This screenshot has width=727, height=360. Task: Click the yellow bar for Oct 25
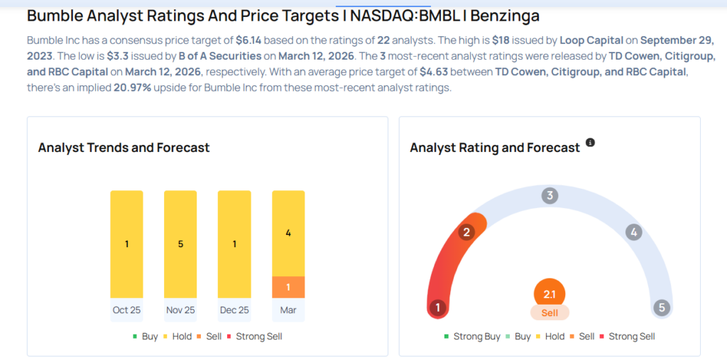point(126,244)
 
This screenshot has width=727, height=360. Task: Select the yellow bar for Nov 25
point(180,244)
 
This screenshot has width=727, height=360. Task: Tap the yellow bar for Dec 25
point(234,244)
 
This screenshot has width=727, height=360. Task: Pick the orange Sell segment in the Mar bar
point(288,287)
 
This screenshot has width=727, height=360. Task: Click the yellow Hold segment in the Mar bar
point(288,233)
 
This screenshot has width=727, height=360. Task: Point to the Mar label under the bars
point(288,310)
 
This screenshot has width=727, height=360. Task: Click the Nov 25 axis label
point(180,310)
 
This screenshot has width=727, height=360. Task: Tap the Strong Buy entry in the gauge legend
point(472,336)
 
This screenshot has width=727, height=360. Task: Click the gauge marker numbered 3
point(549,196)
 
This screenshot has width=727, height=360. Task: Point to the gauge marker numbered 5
point(662,307)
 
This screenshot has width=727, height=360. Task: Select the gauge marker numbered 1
point(438,307)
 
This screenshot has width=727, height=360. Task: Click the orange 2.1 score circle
point(550,293)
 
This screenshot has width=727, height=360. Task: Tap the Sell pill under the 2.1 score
point(550,312)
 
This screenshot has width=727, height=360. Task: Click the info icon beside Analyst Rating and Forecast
point(590,143)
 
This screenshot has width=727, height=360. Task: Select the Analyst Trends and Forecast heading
point(124,148)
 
